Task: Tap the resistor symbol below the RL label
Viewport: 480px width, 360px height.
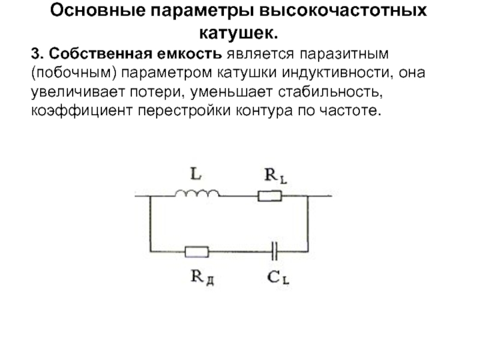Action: [269, 195]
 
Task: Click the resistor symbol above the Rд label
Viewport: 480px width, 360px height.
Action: [197, 251]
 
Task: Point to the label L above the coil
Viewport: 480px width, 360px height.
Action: [196, 175]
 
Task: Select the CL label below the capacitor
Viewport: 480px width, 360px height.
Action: [277, 277]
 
